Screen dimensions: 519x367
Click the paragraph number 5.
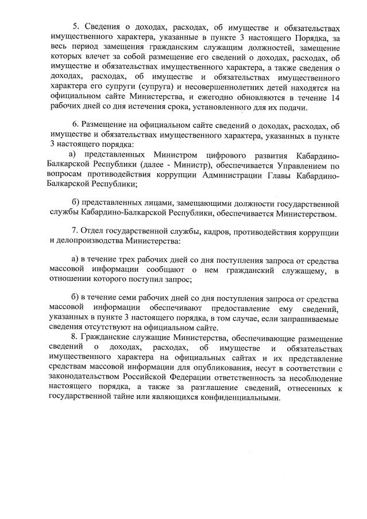[75, 27]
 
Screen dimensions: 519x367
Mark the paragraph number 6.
[75, 125]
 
